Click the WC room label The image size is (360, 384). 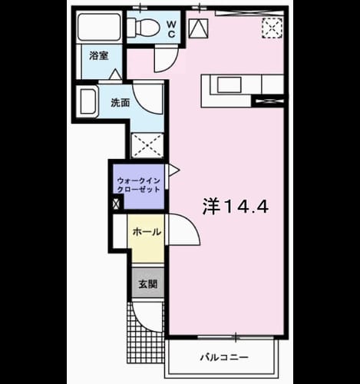click(171, 29)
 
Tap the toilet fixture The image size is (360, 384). click(144, 27)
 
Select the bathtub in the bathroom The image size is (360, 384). click(99, 27)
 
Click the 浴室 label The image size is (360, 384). click(99, 55)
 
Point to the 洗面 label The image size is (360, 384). click(121, 103)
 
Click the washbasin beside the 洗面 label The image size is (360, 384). click(88, 101)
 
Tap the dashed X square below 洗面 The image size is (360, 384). click(147, 145)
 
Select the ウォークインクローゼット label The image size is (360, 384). click(139, 185)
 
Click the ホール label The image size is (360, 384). click(147, 232)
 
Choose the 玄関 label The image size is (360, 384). click(148, 283)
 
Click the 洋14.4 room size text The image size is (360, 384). click(236, 207)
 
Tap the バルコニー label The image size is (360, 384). click(224, 357)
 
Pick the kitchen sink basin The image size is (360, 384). click(229, 84)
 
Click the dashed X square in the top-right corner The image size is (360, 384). click(272, 28)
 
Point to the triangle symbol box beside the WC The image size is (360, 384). click(198, 28)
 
